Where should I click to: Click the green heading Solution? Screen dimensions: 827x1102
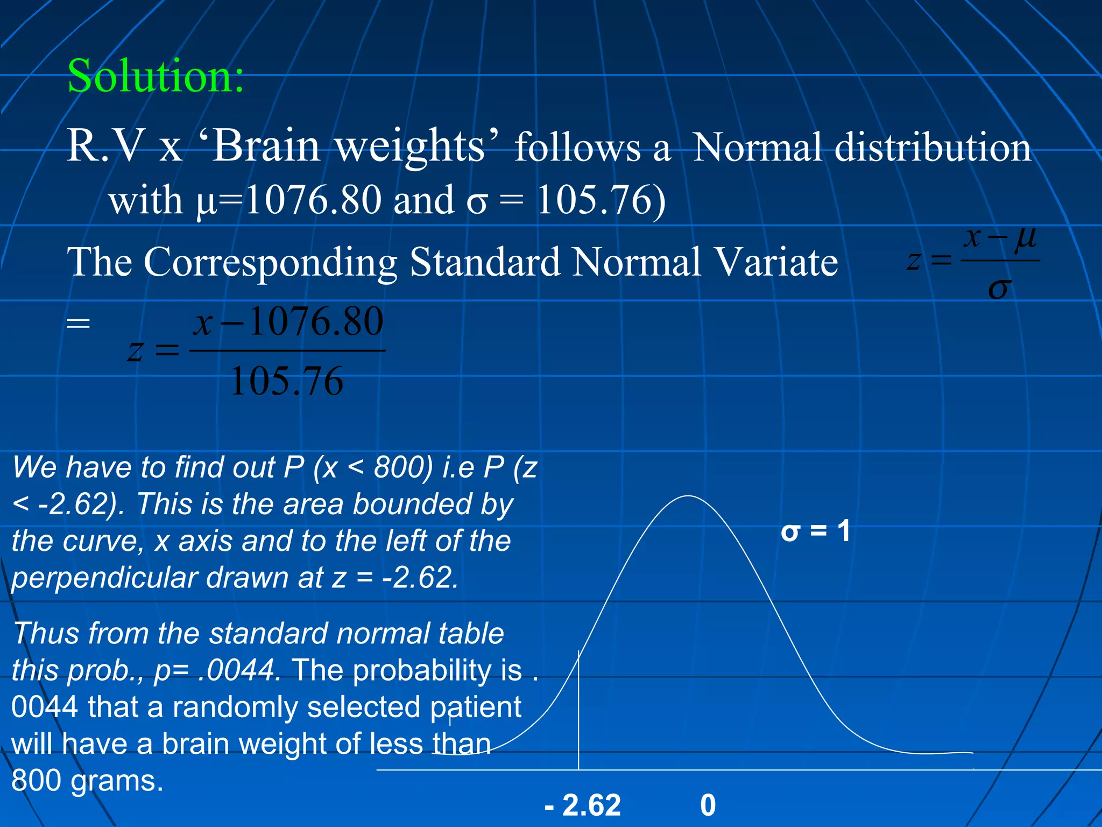coord(156,76)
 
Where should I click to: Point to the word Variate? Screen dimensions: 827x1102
coord(776,262)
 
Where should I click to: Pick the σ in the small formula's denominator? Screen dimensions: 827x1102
coord(999,289)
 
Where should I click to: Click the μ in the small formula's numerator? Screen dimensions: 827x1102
coord(1025,237)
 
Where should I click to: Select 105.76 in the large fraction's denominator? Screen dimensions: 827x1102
coord(287,381)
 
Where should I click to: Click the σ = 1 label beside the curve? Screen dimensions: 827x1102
coord(816,531)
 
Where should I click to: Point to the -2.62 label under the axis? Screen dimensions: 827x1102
coord(583,805)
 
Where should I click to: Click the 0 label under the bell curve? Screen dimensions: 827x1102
coord(708,805)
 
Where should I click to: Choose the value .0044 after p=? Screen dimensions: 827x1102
coord(238,671)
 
